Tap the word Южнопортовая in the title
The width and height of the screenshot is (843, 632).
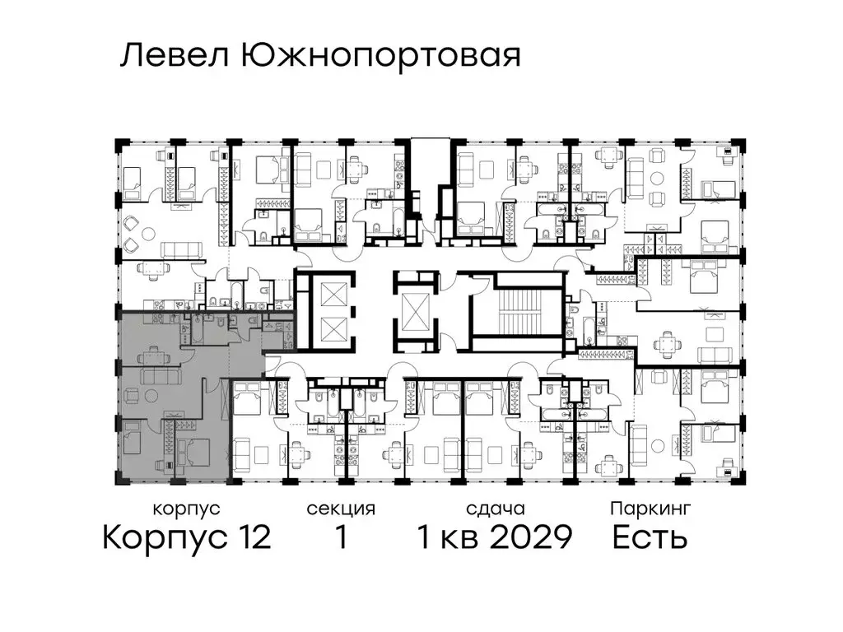[381, 56]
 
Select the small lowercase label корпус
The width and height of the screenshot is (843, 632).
[186, 509]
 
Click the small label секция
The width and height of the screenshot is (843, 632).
[341, 509]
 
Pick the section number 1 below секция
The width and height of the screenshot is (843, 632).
[341, 538]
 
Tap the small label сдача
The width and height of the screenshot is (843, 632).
[494, 509]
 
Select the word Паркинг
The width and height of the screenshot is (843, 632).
[650, 509]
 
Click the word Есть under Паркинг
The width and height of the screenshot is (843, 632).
[650, 538]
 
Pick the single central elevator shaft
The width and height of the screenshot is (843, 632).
[414, 313]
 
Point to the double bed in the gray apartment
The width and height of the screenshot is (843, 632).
[193, 452]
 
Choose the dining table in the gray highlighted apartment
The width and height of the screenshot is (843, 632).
[155, 356]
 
